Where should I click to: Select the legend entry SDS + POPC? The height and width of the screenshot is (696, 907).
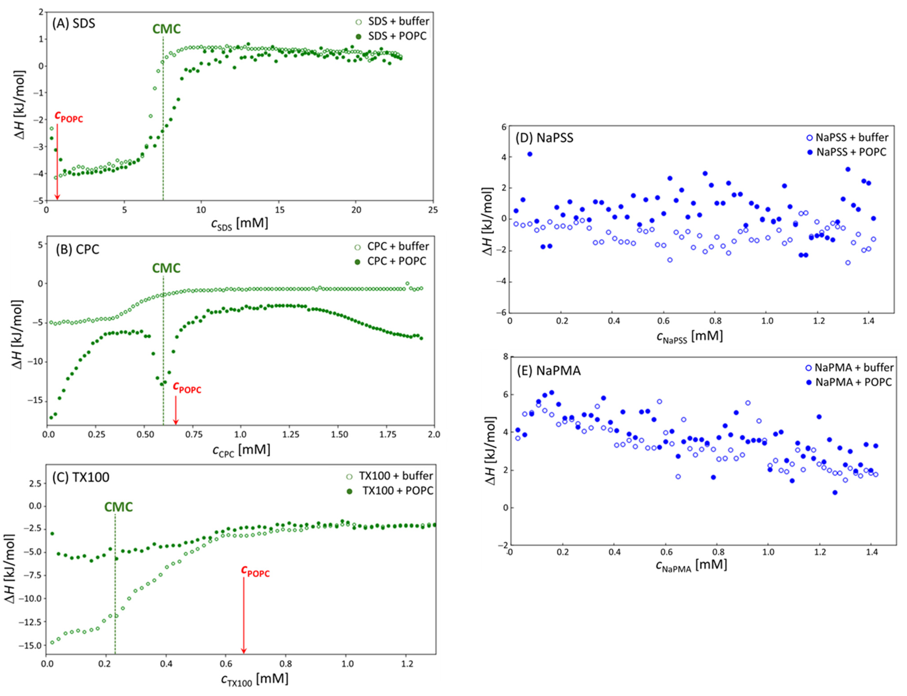pyautogui.click(x=397, y=36)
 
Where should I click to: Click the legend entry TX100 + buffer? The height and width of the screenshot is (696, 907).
pyautogui.click(x=396, y=476)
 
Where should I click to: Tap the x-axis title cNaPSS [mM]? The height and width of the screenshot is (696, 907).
pyautogui.click(x=690, y=336)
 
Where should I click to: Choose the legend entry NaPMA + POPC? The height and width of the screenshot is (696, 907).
pyautogui.click(x=853, y=382)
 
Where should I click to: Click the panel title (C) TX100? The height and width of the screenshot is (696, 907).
pyautogui.click(x=81, y=477)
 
